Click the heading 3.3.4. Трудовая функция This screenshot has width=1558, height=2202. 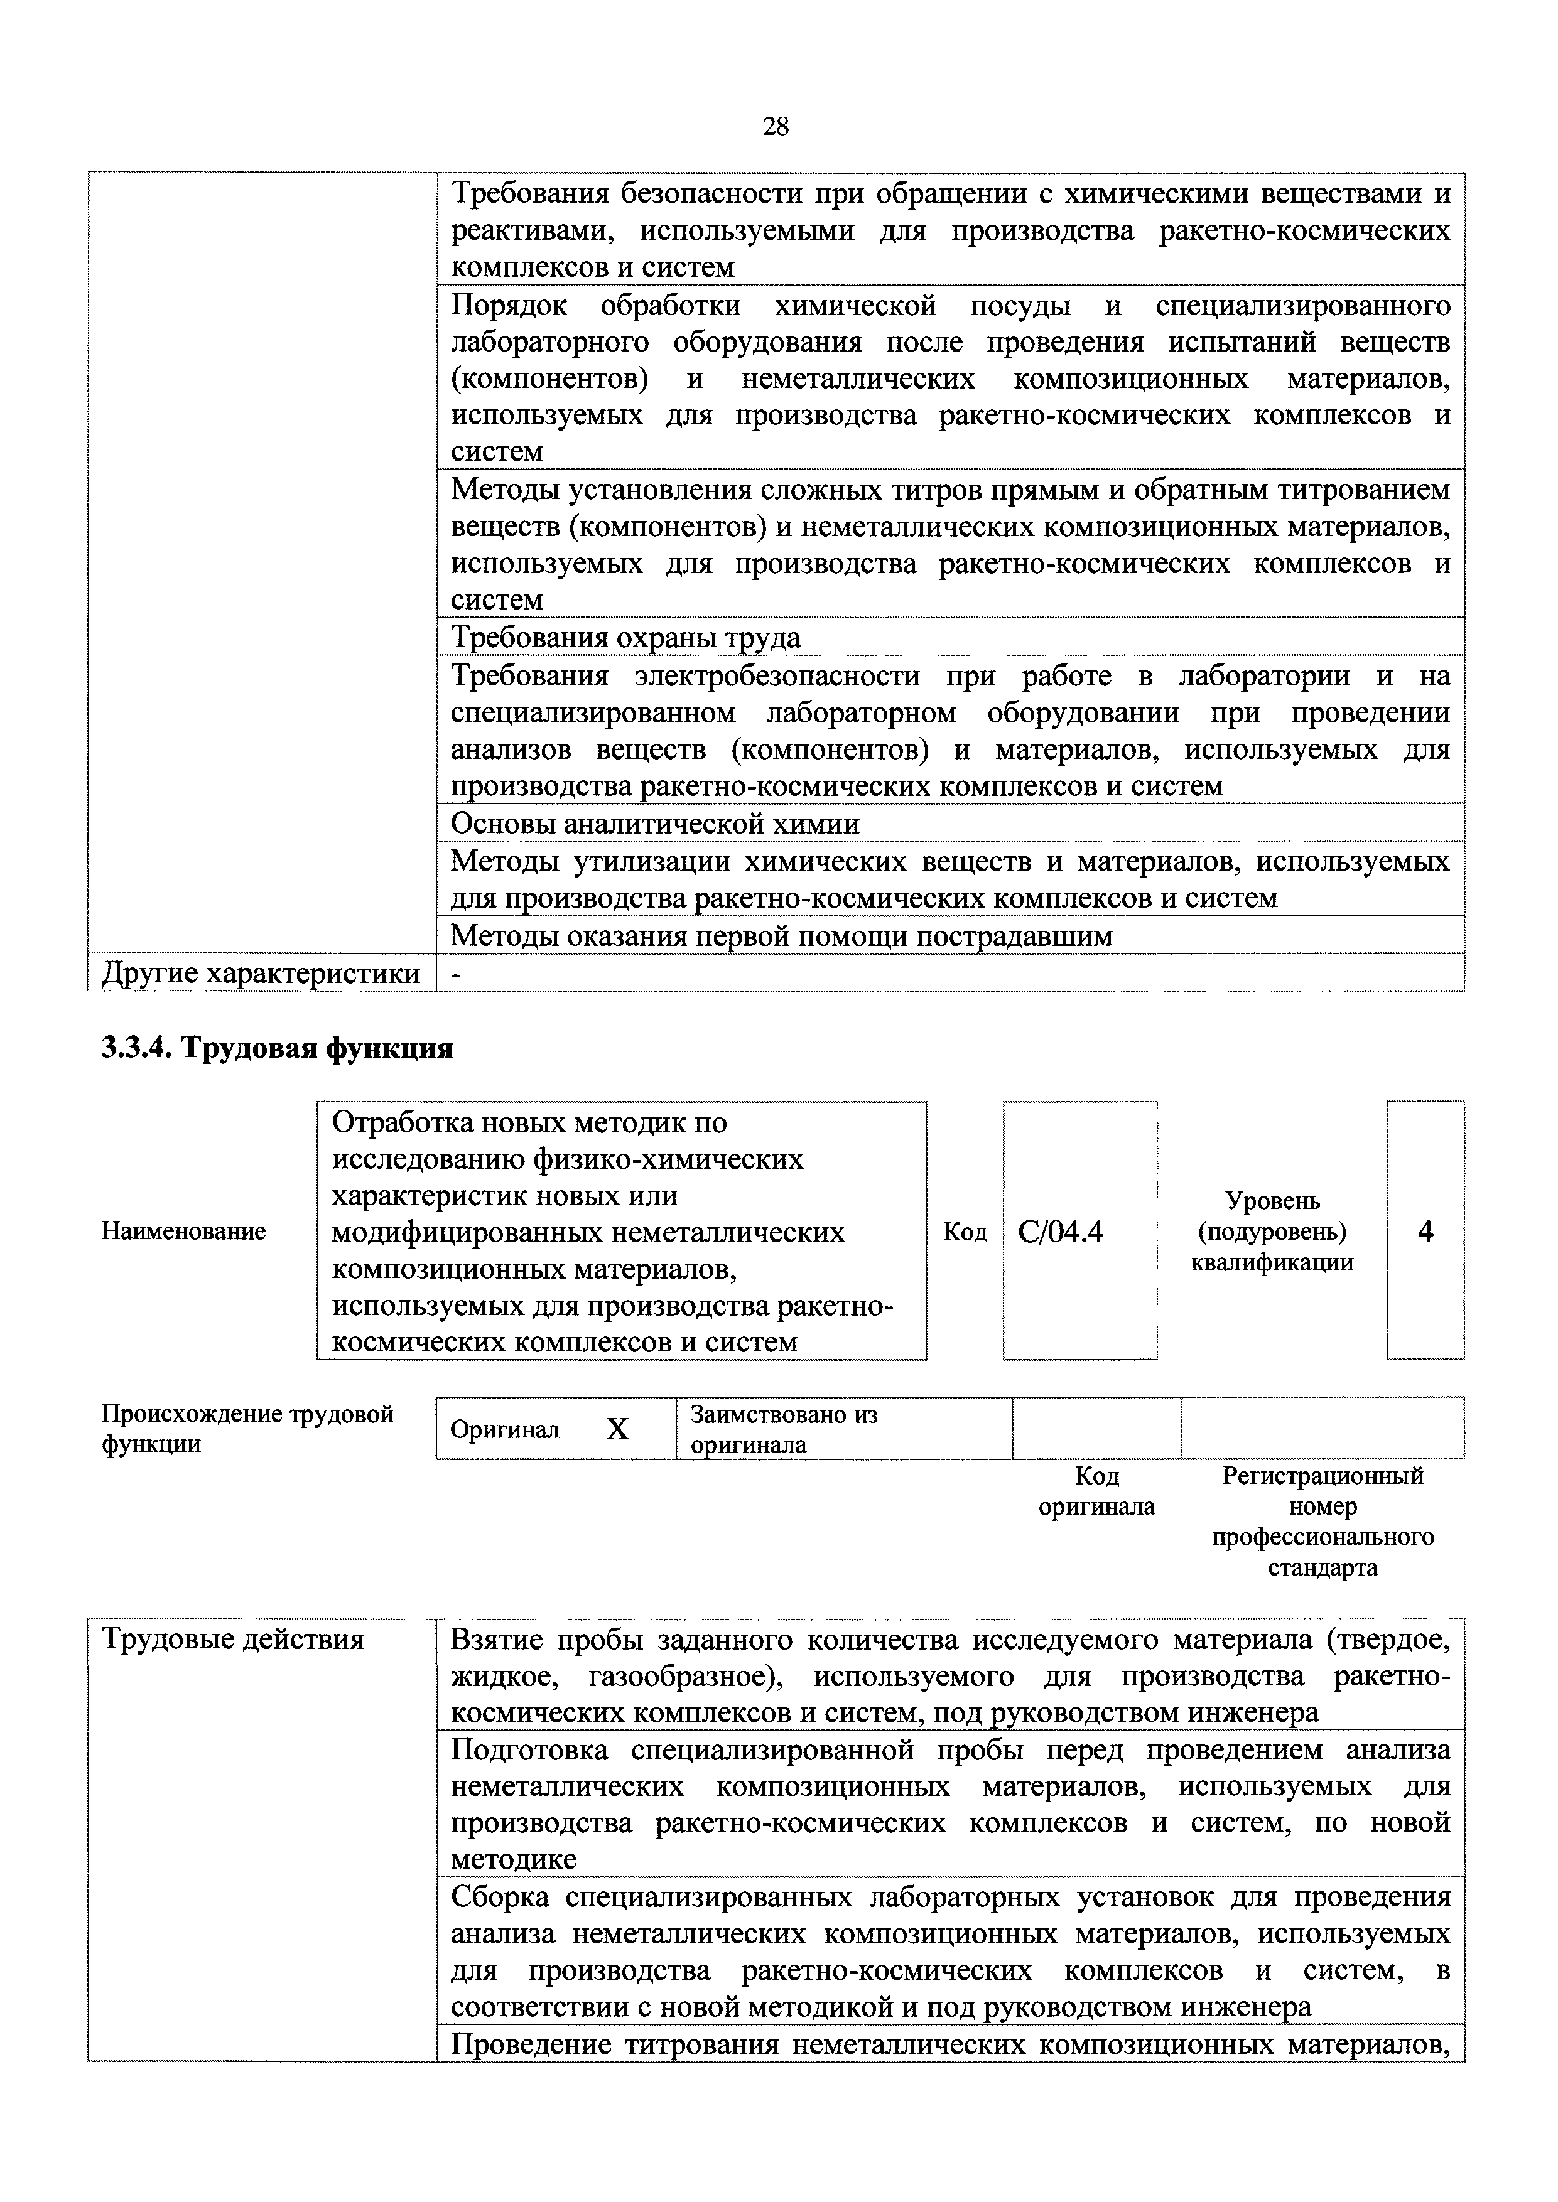click(278, 1048)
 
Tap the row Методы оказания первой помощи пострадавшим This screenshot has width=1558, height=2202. click(781, 936)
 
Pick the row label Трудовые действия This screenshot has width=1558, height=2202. click(233, 1639)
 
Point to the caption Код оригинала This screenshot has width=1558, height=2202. click(1096, 1491)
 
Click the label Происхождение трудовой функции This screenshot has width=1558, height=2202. click(247, 1429)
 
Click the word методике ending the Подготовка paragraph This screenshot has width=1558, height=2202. click(514, 1861)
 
